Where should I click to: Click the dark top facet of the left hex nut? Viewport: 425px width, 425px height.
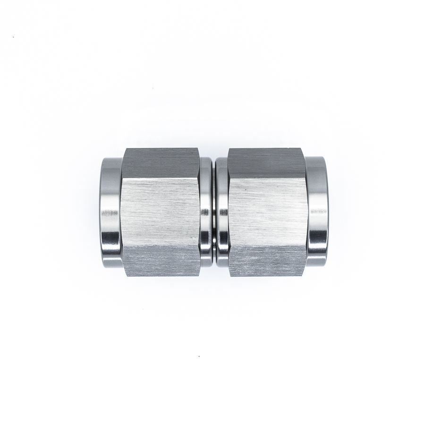(161, 163)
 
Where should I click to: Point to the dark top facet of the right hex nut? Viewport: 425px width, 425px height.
(267, 163)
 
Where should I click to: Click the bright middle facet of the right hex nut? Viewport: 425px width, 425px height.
(267, 212)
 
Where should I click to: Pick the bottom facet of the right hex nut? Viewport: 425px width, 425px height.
(267, 261)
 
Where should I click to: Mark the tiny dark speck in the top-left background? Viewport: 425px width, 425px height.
(14, 37)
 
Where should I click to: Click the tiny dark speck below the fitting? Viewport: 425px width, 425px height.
(199, 356)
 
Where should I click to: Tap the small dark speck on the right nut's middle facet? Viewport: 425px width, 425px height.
(245, 189)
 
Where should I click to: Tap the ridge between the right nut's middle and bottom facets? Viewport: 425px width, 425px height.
(267, 246)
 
